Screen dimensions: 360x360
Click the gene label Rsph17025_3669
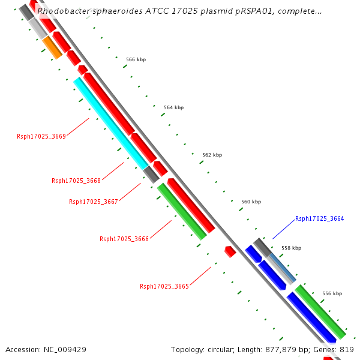click(x=41, y=136)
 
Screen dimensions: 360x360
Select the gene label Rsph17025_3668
click(x=76, y=181)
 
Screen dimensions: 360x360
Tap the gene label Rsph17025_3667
click(x=94, y=202)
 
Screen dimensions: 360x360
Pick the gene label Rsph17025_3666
click(x=124, y=239)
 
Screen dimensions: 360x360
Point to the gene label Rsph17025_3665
click(x=164, y=286)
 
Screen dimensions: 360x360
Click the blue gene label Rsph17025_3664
click(x=320, y=218)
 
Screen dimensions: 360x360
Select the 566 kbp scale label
click(x=136, y=59)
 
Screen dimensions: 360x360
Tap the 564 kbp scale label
click(x=173, y=107)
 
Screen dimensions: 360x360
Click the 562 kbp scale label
click(x=212, y=155)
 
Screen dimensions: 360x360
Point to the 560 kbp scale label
click(x=251, y=202)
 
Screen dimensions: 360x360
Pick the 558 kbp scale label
click(x=291, y=248)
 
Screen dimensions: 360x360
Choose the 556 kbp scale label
click(x=332, y=293)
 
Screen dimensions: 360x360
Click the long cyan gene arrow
click(x=111, y=124)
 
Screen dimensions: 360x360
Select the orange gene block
click(x=52, y=47)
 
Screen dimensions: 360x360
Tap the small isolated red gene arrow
click(x=230, y=251)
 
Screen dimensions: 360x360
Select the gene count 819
click(x=347, y=349)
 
